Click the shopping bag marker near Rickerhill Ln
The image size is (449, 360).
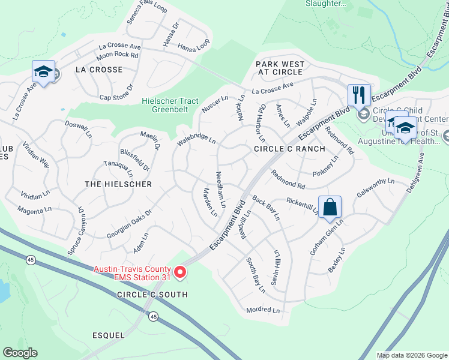[x=330, y=208]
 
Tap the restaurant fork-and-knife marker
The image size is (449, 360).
[x=359, y=95]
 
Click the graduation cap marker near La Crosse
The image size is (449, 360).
[x=43, y=71]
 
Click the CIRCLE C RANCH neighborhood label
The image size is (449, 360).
[x=289, y=148]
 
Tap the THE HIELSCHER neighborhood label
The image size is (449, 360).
[x=118, y=184]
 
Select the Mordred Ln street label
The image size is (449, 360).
[x=263, y=310]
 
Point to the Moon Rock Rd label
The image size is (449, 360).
[x=118, y=56]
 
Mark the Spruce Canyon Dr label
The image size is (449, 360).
[x=75, y=231]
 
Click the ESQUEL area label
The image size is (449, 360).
[x=109, y=335]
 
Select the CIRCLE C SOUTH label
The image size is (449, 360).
[x=152, y=295]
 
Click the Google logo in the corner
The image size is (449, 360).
[x=20, y=353]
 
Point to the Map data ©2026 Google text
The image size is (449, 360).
[x=411, y=355]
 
